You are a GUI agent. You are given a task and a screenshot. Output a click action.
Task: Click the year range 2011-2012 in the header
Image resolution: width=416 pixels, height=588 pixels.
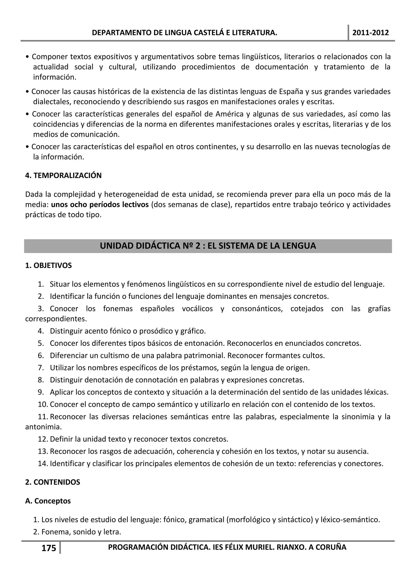point(370,33)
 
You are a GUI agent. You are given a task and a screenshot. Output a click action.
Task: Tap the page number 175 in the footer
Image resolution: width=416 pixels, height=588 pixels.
point(49,548)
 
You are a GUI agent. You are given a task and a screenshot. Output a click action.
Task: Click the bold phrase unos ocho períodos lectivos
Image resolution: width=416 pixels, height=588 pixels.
point(100,205)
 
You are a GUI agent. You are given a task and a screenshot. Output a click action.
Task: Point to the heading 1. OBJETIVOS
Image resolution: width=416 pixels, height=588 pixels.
point(48,265)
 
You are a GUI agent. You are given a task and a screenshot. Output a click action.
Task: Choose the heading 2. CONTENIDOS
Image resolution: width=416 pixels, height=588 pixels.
point(53,482)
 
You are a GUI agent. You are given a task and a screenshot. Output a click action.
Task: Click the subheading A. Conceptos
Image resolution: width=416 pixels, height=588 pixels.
point(48,501)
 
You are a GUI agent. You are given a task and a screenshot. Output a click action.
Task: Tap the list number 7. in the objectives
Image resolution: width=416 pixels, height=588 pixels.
point(41,368)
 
